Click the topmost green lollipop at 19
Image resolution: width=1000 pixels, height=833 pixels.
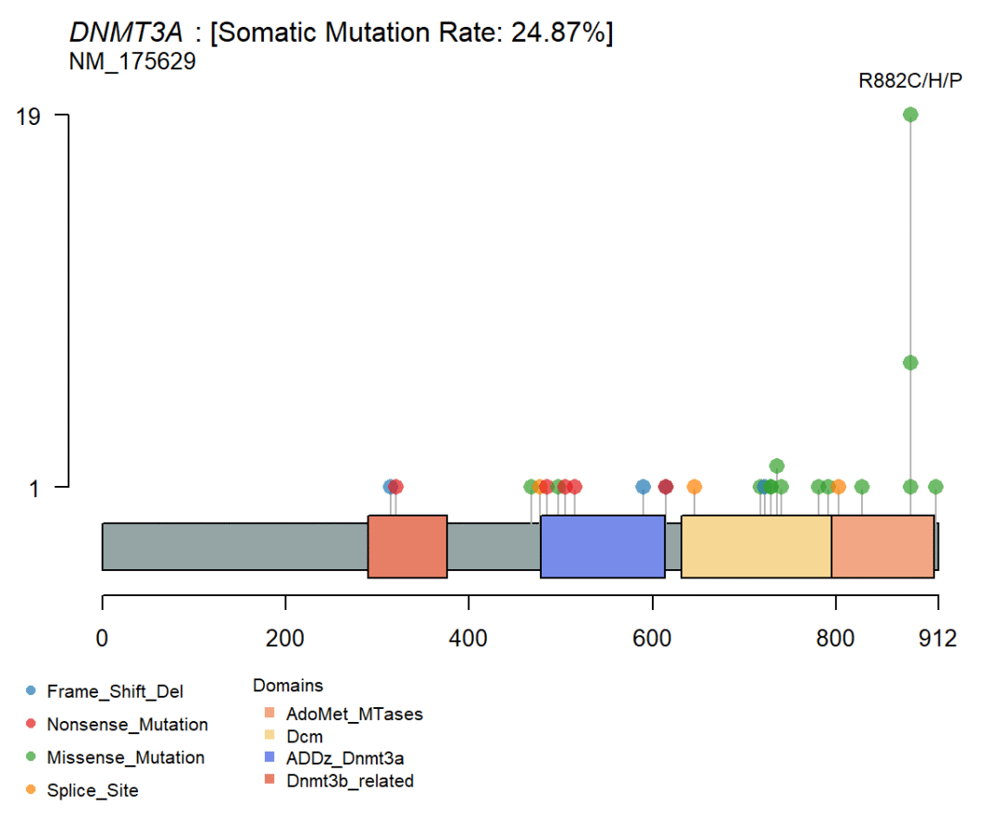(910, 115)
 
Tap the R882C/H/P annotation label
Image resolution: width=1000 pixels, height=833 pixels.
(910, 81)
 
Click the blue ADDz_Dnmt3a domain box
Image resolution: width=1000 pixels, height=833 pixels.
(603, 546)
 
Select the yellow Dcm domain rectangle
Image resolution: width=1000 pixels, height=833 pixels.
(756, 546)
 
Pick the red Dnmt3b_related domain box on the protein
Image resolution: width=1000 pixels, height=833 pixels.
(407, 546)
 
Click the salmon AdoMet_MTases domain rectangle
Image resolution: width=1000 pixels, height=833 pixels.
(882, 546)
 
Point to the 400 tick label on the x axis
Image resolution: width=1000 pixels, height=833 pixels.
(469, 638)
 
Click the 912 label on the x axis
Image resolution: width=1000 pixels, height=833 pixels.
(937, 638)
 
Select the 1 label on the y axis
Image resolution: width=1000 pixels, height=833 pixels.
(34, 488)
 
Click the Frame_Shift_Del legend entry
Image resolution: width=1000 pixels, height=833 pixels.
(115, 691)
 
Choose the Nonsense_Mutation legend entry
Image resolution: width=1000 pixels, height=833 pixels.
(127, 725)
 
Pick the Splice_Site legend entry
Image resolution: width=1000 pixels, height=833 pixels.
(93, 791)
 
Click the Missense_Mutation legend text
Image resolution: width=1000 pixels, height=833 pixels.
(126, 758)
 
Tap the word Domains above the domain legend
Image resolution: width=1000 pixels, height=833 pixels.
(288, 686)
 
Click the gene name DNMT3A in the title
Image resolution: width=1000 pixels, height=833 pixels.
(126, 34)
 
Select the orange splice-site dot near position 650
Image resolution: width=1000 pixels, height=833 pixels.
(694, 487)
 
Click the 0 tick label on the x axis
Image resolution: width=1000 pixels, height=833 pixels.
(102, 638)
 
